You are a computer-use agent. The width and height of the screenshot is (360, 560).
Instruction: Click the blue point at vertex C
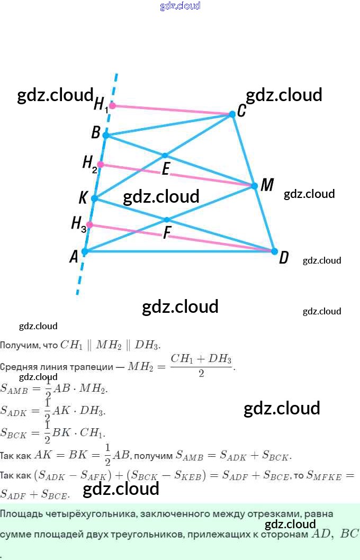(232, 114)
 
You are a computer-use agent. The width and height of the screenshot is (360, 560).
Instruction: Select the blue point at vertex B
(105, 136)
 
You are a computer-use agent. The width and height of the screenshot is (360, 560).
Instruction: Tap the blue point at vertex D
(274, 251)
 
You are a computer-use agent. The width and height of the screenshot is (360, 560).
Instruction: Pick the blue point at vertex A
(84, 251)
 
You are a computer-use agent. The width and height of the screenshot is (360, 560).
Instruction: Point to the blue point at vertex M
(254, 186)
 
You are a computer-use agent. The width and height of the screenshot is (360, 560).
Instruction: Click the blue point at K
(94, 198)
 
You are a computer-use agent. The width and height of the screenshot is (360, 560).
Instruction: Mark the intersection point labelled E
(165, 156)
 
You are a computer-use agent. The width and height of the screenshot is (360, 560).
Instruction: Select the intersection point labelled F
(167, 220)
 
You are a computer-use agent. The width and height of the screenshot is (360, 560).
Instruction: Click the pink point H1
(112, 105)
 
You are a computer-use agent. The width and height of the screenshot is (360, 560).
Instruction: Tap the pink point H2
(101, 165)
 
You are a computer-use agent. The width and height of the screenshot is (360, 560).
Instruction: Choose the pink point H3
(90, 225)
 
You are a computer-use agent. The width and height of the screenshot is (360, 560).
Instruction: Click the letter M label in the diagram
(267, 185)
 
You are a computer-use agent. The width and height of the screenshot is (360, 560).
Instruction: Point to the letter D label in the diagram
(284, 258)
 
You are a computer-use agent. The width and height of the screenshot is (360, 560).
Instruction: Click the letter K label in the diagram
(83, 198)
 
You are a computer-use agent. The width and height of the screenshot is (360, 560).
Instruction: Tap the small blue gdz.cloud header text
(180, 6)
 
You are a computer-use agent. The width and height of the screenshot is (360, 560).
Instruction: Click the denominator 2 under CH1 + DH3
(201, 374)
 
